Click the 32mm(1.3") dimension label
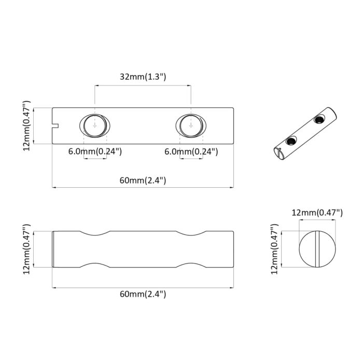(x=143, y=77)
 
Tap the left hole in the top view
(x=95, y=125)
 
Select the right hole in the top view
(x=191, y=125)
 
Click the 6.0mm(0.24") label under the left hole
(x=95, y=151)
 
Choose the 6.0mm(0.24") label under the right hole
(x=191, y=151)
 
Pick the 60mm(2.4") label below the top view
(x=143, y=180)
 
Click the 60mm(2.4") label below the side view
(x=143, y=294)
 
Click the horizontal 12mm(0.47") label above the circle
(x=317, y=213)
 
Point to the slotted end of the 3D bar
(x=277, y=152)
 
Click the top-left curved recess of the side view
(x=94, y=233)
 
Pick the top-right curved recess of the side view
(x=190, y=233)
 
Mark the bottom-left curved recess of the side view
(x=94, y=265)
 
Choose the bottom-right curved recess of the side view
(x=190, y=265)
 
